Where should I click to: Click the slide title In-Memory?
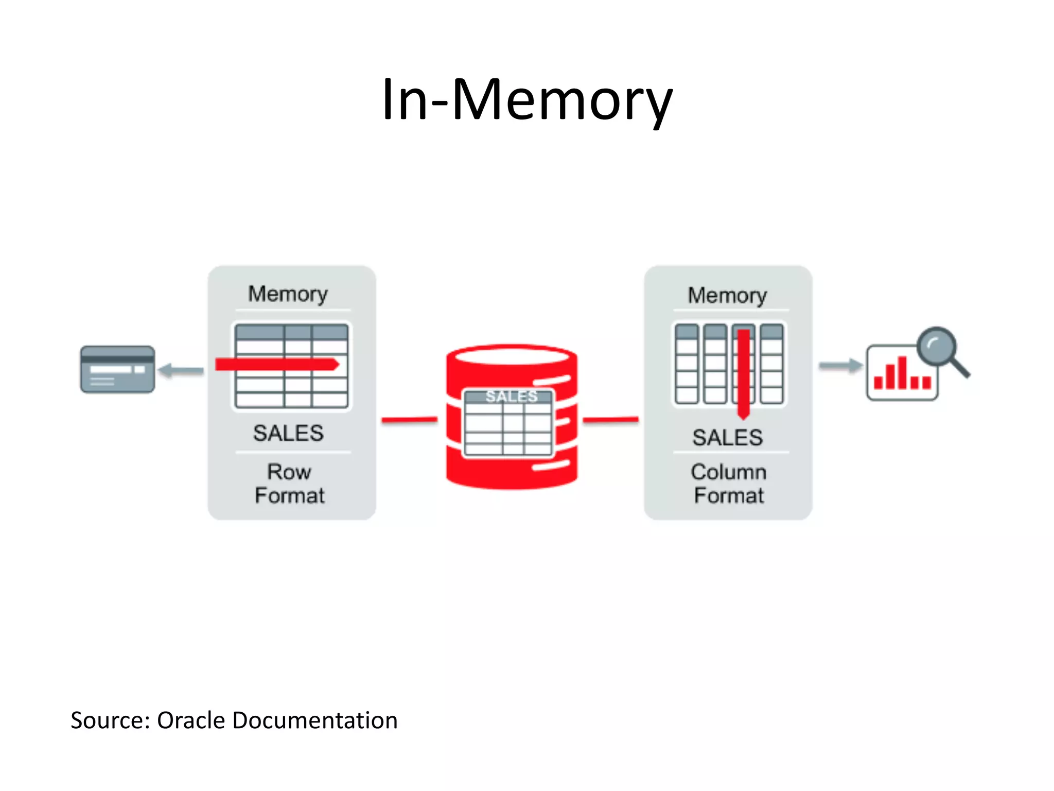526,99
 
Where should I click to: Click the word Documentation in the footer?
314,720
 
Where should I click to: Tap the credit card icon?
117,369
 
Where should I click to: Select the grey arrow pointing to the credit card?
181,370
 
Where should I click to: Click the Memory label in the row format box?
288,294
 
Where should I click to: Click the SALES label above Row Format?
288,433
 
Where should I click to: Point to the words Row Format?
290,484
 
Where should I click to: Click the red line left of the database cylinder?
409,420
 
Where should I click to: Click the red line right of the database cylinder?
610,420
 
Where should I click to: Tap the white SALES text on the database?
511,396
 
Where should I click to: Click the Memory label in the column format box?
727,296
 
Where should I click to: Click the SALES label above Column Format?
727,438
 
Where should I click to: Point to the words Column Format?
728,484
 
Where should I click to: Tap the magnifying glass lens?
936,346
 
